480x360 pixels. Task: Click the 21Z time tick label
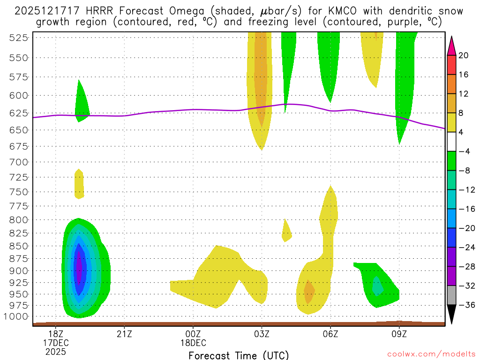pos(124,334)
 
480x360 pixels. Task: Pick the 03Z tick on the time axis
pos(262,334)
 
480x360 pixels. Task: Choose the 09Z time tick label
pos(399,334)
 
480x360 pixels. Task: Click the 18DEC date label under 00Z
pos(193,343)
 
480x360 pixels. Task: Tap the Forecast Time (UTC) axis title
pos(239,355)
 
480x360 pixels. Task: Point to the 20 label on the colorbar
pos(464,55)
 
